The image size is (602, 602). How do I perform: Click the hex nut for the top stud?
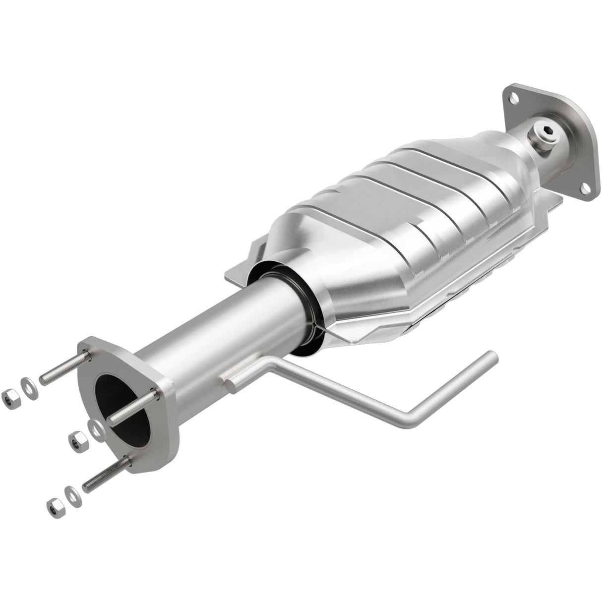[x=9, y=396]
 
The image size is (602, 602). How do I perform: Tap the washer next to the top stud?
[x=28, y=385]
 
